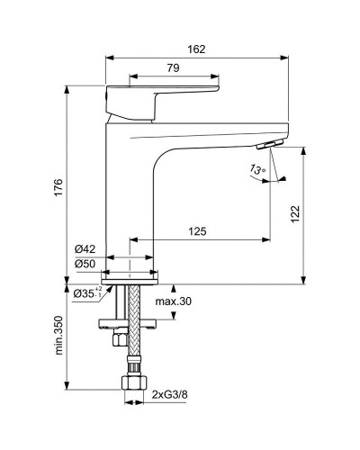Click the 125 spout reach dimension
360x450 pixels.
pyautogui.click(x=197, y=231)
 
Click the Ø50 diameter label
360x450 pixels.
pyautogui.click(x=85, y=265)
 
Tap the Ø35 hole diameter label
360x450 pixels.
pyautogui.click(x=85, y=293)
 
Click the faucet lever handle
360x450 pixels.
pyautogui.click(x=162, y=99)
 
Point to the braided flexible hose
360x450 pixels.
pyautogui.click(x=131, y=324)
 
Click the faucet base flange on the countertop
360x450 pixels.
pyautogui.click(x=131, y=281)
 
